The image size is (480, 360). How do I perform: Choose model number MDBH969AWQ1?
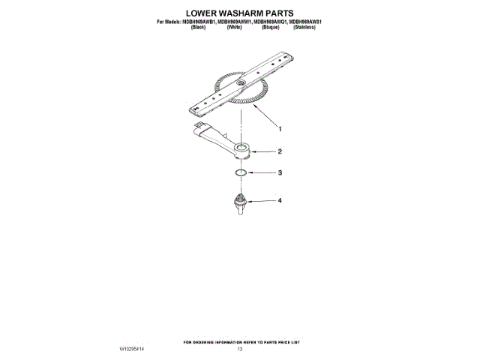270,22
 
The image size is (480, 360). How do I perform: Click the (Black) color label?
199,28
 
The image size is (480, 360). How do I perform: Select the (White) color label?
234,28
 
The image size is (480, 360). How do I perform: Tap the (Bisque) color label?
271,28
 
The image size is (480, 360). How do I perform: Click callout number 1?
280,126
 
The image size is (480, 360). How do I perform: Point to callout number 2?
280,151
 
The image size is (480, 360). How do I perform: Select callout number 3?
280,173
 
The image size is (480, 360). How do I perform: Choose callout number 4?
280,201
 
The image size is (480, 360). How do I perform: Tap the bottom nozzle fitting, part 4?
240,203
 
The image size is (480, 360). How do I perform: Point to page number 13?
240,349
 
